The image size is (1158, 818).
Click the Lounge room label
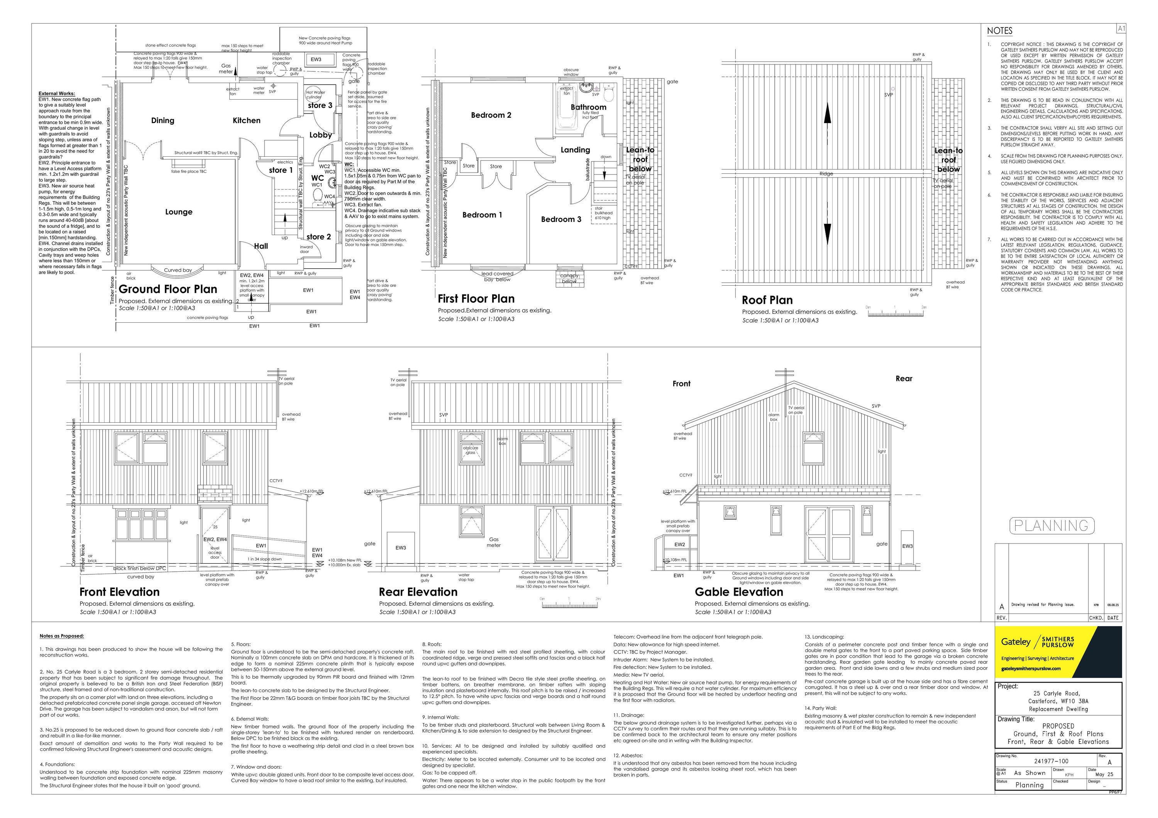(179, 212)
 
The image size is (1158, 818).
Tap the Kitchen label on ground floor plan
(246, 120)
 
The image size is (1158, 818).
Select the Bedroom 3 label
(561, 219)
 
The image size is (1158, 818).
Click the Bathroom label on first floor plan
(588, 107)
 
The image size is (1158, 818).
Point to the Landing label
(575, 150)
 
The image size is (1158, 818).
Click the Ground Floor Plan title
(168, 290)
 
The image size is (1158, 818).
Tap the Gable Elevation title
(738, 592)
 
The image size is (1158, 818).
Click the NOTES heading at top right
(1000, 31)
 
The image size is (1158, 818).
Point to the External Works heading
(56, 94)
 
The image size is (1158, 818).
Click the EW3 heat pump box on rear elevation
(400, 548)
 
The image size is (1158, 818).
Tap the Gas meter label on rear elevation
(493, 542)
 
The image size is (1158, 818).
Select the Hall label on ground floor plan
(261, 246)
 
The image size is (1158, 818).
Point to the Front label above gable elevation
(681, 384)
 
